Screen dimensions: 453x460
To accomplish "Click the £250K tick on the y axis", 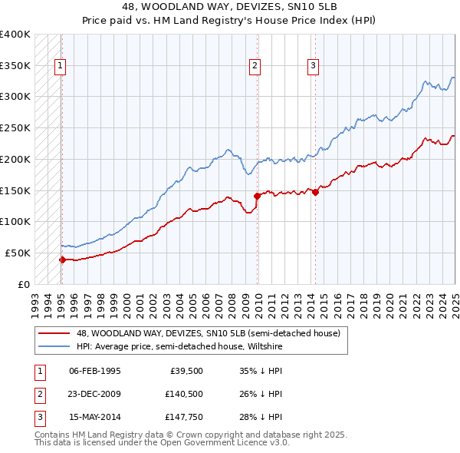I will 15,127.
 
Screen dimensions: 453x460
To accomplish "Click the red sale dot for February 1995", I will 62,260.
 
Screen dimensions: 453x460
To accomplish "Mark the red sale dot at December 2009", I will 258,196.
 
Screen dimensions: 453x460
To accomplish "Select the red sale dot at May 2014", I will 315,191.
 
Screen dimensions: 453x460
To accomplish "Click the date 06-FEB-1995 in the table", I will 95,371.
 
